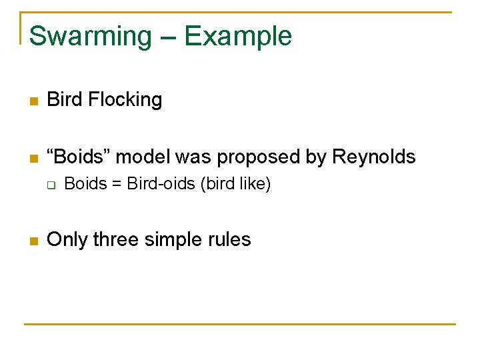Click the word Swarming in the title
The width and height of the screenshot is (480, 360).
pyautogui.click(x=90, y=37)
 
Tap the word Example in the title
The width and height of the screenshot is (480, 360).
pyautogui.click(x=238, y=37)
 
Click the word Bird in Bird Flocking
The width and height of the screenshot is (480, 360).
pyautogui.click(x=64, y=100)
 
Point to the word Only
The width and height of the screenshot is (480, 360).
pyautogui.click(x=67, y=239)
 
